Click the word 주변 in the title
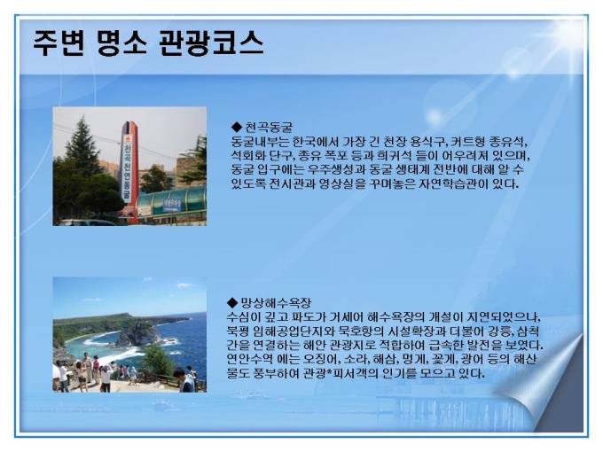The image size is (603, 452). coord(59,43)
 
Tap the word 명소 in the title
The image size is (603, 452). coord(121,43)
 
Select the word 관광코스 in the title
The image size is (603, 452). coord(211,43)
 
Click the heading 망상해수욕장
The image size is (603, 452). coord(276,303)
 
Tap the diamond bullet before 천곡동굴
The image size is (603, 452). coord(235,127)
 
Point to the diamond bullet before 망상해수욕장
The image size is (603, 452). coord(232,302)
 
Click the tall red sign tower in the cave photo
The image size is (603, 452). coord(129,172)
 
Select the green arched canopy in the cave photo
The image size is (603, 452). coord(171,202)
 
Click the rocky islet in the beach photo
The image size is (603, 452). coord(138,334)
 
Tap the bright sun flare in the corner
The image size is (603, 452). coord(569,37)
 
